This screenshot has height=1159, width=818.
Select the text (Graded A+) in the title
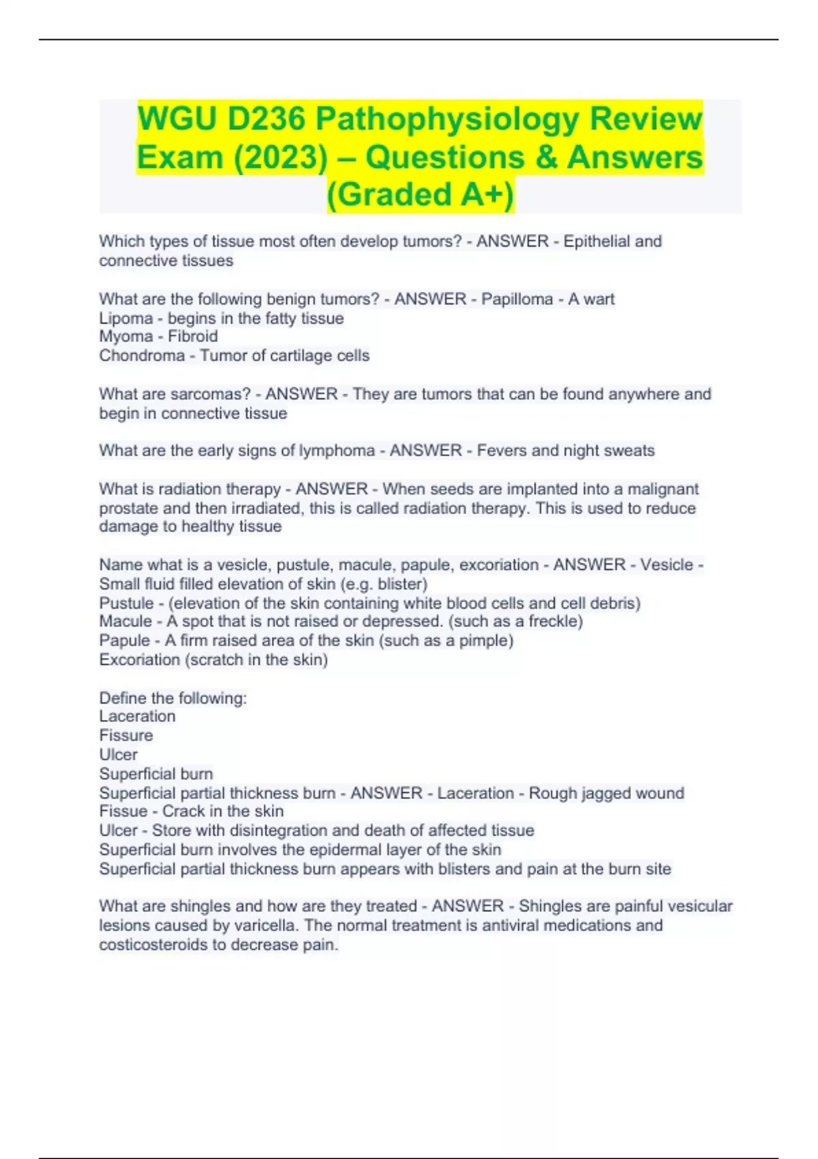tap(421, 194)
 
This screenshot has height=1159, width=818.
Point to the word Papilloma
tap(517, 299)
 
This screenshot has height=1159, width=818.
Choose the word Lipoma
tap(126, 318)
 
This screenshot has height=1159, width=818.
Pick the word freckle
tap(553, 622)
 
